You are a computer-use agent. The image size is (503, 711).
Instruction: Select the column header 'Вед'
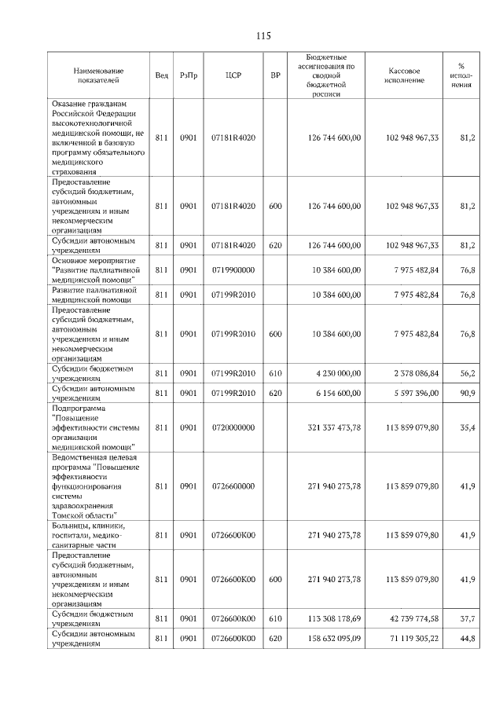click(x=161, y=75)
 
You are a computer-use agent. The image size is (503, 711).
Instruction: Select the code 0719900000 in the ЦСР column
click(x=233, y=269)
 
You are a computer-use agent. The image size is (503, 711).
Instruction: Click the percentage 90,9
click(x=468, y=392)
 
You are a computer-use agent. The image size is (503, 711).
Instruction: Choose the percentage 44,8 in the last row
click(x=468, y=639)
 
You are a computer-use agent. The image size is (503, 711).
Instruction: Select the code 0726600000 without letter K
click(x=233, y=486)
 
